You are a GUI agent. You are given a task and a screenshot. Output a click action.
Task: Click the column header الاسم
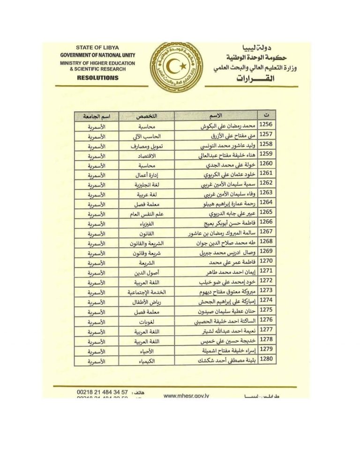(216, 115)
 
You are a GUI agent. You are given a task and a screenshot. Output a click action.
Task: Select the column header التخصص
(147, 115)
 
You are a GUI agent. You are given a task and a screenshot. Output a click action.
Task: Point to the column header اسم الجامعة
(96, 115)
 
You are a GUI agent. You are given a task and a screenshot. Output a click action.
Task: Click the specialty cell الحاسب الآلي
(147, 136)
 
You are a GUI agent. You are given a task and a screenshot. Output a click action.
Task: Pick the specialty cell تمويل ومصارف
(147, 146)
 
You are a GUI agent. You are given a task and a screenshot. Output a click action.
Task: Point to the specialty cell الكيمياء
(147, 361)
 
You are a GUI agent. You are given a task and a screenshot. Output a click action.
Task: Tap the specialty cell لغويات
(147, 322)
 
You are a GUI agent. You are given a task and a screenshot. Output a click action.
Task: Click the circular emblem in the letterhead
(176, 66)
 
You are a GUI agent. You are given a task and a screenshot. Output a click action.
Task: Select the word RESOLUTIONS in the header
(97, 77)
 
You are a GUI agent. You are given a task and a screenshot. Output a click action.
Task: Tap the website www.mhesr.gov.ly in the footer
(187, 396)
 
